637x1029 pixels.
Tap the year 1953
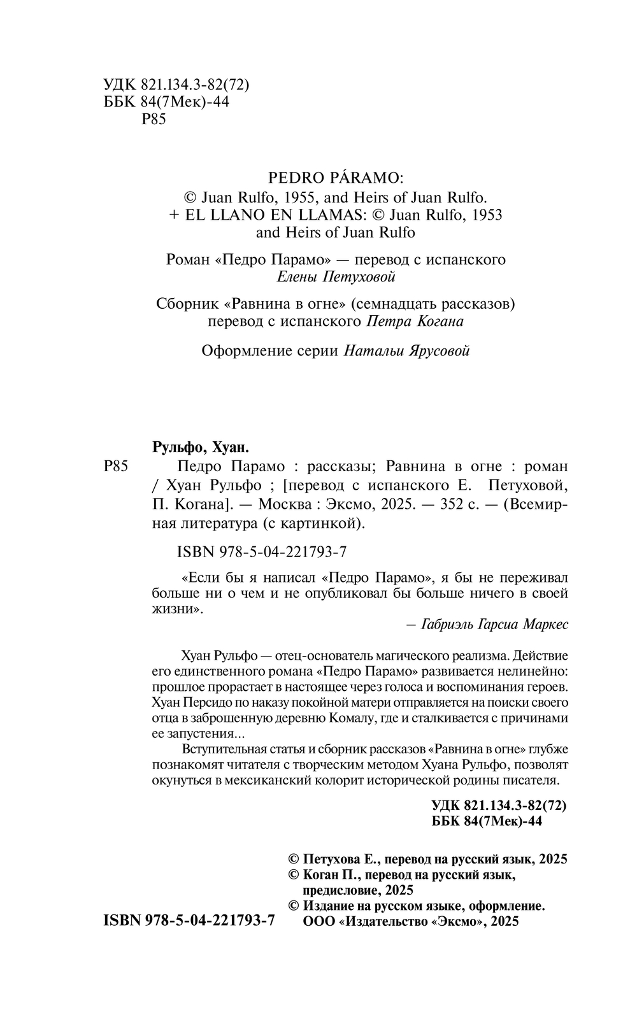(485, 214)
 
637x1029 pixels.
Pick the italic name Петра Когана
(415, 321)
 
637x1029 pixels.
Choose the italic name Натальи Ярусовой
(406, 350)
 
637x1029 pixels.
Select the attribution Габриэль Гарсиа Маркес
(494, 624)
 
